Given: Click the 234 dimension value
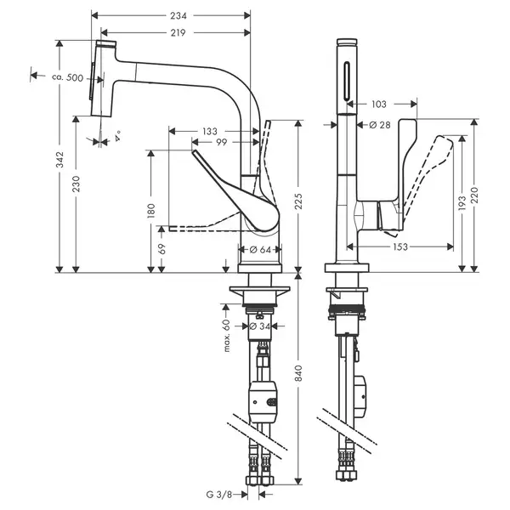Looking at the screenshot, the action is coord(178,15).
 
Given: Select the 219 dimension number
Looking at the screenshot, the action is coord(178,32).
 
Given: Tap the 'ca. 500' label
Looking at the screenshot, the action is coord(68,77).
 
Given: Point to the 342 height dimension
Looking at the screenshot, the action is coord(59,160).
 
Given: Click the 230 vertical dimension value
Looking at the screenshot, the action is coord(76,184).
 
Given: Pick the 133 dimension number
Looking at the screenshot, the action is coord(209,132).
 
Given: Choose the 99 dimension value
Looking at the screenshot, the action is coord(222,142).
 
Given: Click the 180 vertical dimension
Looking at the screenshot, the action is coord(151,211).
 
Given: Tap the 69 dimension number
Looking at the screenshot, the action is coord(161,249).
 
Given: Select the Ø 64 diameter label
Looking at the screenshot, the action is coord(260,250).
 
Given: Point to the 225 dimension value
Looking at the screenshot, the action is coord(299,201).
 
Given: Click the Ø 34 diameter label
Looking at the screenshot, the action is coord(260,326).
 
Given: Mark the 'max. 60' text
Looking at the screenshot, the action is coord(227,336).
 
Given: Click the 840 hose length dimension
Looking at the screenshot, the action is coord(299,373).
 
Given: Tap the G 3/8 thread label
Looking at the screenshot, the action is coord(219,495).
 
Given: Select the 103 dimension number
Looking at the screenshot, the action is coord(379,104).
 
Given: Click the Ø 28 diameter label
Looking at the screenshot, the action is coord(380,125).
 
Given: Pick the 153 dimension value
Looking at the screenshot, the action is coord(400,246).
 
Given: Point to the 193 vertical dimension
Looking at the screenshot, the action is coord(462,202).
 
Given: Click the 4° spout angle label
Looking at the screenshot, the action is coord(117,136).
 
